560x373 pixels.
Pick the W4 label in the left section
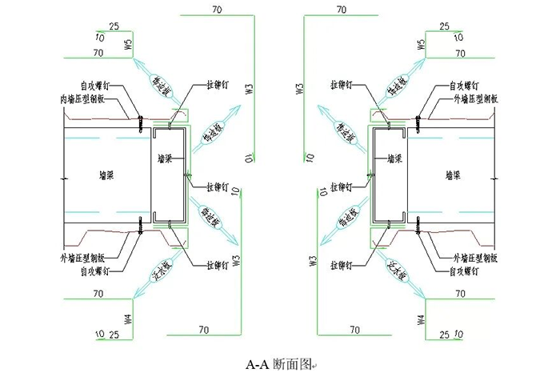point(126,319)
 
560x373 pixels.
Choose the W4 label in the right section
point(421,319)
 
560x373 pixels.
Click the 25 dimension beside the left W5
point(114,26)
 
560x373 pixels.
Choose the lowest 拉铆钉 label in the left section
point(220,265)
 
